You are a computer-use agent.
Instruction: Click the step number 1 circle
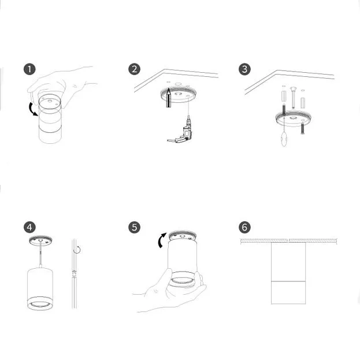click(29, 69)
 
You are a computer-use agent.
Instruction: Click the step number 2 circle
click(134, 69)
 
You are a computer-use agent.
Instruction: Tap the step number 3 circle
click(244, 69)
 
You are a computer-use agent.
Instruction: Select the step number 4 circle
click(29, 227)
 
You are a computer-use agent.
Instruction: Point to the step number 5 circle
click(134, 227)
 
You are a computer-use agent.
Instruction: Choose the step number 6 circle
click(244, 227)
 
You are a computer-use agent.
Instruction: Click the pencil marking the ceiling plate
click(169, 98)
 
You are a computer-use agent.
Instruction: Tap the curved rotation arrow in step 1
click(32, 109)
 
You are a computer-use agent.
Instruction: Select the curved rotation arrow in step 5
click(161, 240)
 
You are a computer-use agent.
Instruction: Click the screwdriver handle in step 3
click(284, 140)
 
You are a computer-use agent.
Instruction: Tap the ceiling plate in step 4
click(40, 241)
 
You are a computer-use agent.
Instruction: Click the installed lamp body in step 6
click(288, 273)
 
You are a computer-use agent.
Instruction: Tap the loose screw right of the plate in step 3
click(303, 129)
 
